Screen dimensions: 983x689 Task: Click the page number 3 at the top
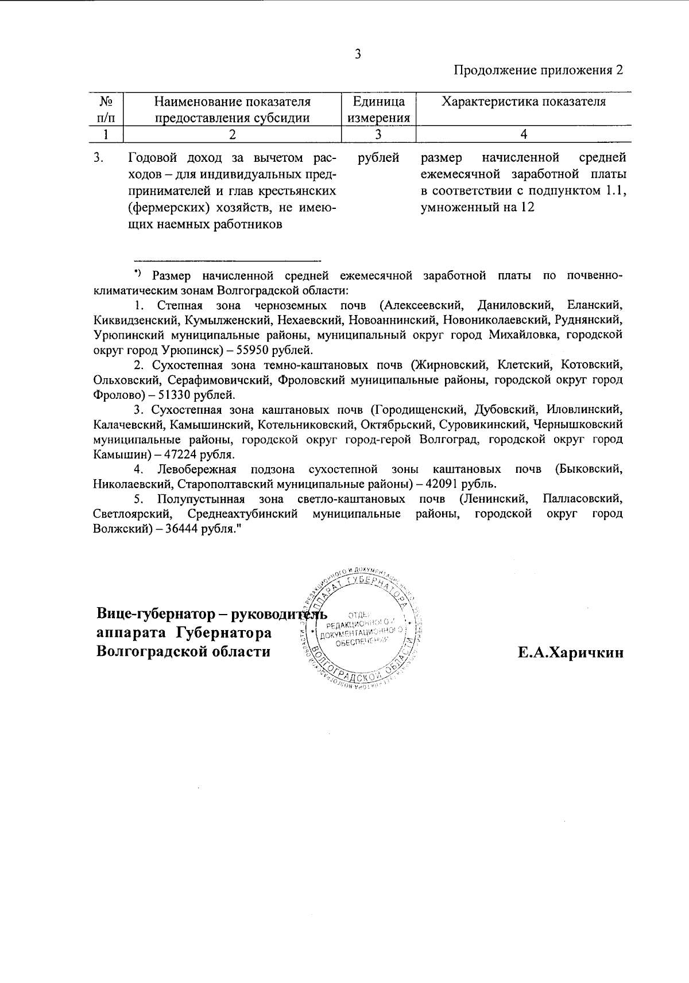[x=358, y=55]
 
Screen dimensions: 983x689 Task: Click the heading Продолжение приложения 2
[x=538, y=70]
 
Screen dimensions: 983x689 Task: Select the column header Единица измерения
[x=378, y=110]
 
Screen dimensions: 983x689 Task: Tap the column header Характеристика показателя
[x=523, y=102]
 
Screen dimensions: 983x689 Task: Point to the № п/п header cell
[x=106, y=110]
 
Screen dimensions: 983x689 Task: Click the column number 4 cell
[x=523, y=134]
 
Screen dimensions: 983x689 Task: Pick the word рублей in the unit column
[x=378, y=157]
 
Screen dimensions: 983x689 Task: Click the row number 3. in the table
[x=99, y=157]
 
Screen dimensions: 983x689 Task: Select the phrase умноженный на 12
[x=477, y=207]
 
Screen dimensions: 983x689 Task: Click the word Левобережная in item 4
[x=197, y=470]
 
